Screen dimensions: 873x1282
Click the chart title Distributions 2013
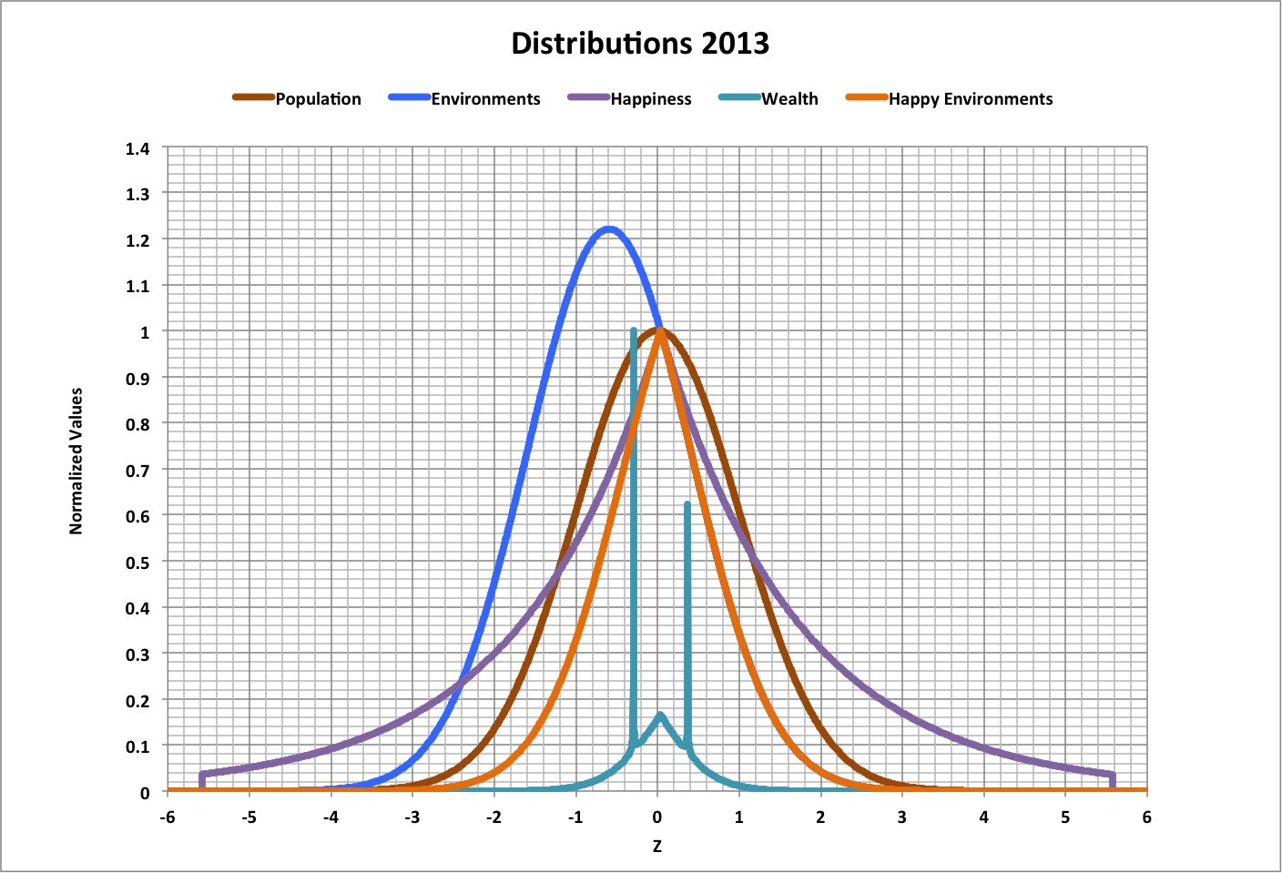pos(640,44)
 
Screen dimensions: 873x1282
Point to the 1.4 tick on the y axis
pos(137,148)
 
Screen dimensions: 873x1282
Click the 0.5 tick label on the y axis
pos(137,562)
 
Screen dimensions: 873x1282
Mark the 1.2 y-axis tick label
pos(137,240)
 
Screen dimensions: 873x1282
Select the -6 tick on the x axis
pos(168,817)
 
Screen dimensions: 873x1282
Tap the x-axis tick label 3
pos(902,817)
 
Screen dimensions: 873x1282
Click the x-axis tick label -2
pos(493,817)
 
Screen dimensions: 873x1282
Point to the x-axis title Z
pos(656,847)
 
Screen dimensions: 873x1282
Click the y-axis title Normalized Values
pos(76,461)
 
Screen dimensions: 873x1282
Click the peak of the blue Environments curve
pos(608,228)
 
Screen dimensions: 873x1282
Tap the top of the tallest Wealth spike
pos(633,330)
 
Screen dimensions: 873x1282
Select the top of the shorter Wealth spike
pos(687,504)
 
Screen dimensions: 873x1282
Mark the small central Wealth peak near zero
pos(660,716)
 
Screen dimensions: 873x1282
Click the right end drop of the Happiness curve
pos(1112,781)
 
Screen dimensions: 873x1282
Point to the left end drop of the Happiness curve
pos(201,781)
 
